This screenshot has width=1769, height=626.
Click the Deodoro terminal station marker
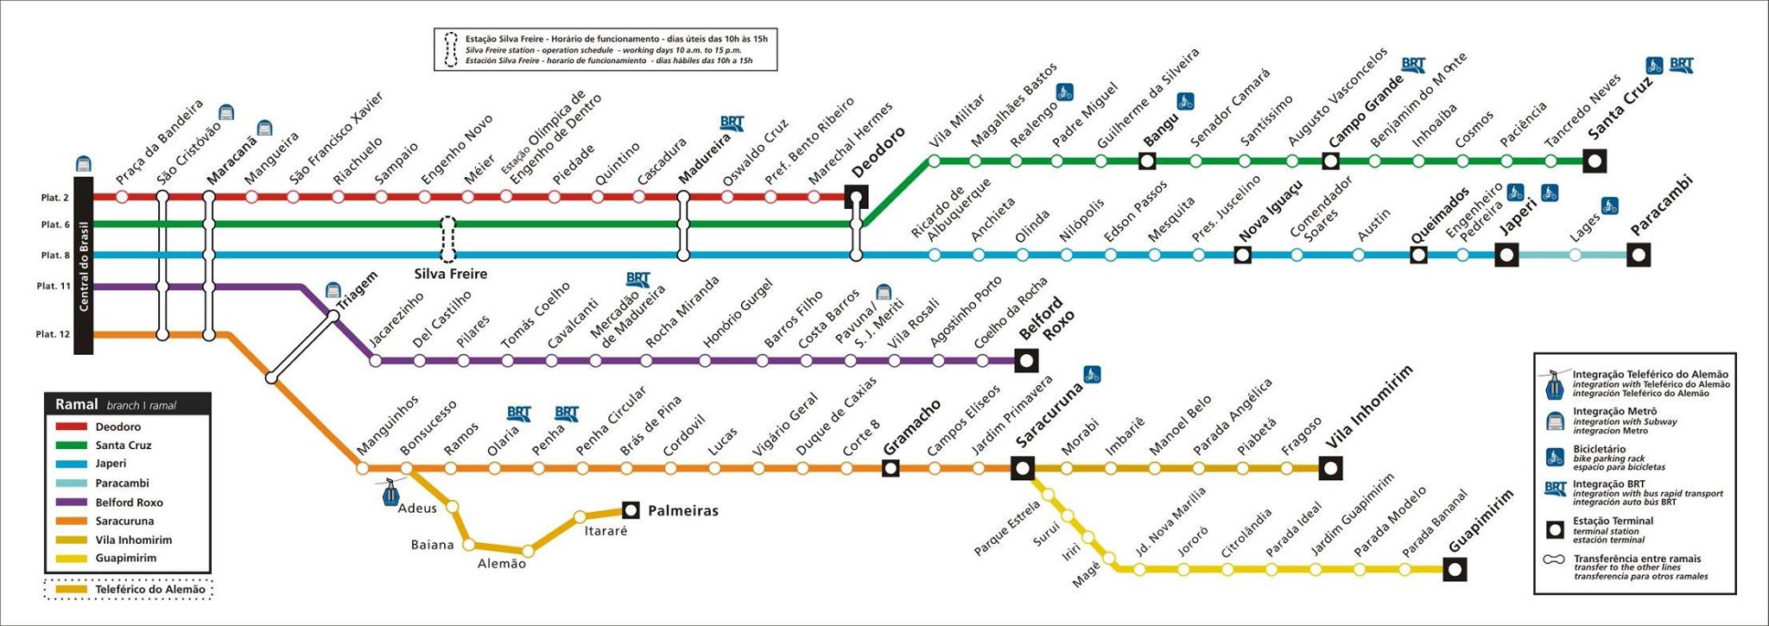[856, 197]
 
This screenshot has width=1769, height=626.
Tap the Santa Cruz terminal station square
[1595, 161]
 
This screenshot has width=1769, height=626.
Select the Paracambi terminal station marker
[1639, 255]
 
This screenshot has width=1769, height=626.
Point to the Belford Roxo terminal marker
[1026, 361]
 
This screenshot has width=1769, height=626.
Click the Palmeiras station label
[683, 510]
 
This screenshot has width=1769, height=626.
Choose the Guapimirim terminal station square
[1455, 569]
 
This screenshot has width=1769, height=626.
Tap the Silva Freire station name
[451, 274]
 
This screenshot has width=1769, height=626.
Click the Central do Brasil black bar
[84, 266]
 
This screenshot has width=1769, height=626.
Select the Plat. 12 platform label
[53, 334]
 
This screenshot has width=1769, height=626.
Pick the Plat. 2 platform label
[54, 198]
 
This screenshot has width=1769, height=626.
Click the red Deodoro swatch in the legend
[72, 427]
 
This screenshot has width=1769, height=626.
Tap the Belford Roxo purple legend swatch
[72, 502]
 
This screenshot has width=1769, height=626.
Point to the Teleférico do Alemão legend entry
[129, 589]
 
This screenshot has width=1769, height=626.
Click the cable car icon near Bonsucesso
[391, 493]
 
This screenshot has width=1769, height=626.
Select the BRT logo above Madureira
[732, 123]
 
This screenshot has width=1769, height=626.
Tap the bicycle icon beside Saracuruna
[1092, 375]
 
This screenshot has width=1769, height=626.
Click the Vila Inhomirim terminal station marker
[1331, 469]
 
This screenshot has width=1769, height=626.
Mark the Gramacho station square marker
[891, 468]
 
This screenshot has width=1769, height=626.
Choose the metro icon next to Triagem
[333, 290]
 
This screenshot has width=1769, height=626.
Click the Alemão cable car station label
[502, 564]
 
